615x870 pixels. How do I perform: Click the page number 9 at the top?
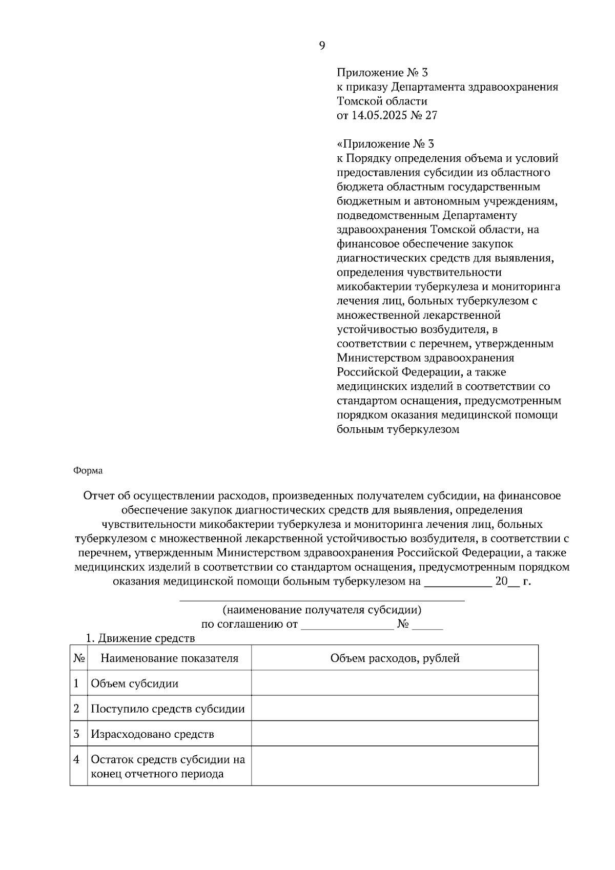click(x=322, y=46)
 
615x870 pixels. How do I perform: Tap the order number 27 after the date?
click(x=431, y=115)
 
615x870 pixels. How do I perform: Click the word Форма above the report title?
click(x=88, y=470)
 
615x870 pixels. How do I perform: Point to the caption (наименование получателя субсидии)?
click(x=322, y=610)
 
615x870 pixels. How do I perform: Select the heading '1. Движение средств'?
click(x=140, y=638)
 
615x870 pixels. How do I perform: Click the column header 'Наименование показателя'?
click(x=169, y=658)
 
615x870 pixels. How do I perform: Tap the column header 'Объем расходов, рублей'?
click(x=395, y=658)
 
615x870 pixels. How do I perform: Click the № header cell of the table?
click(x=79, y=658)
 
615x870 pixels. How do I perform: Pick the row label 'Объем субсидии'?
click(x=135, y=683)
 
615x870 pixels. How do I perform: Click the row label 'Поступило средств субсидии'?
click(x=168, y=709)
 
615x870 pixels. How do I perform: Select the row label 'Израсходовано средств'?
click(x=152, y=734)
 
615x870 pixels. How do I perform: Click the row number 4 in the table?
click(x=77, y=759)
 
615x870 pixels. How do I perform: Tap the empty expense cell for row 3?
click(x=395, y=734)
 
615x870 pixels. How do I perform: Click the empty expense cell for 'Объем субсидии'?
click(x=395, y=683)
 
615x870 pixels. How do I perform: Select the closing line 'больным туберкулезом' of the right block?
click(x=398, y=429)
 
